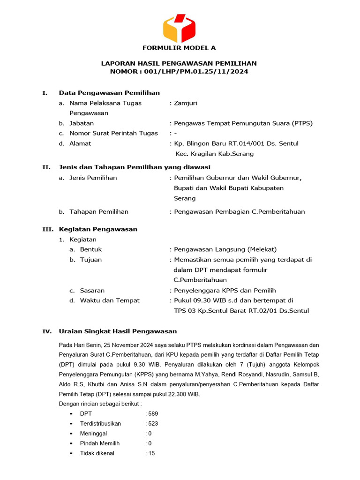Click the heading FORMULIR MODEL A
tap(180, 48)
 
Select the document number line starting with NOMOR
tap(179, 72)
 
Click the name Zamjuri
tap(186, 103)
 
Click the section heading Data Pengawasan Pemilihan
tap(109, 93)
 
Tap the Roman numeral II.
tap(46, 167)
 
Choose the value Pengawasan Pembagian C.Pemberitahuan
tap(239, 211)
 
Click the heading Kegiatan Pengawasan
tap(98, 229)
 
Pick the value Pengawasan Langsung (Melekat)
tap(225, 249)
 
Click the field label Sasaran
tap(92, 291)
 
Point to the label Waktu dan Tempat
tap(110, 300)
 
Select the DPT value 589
tap(153, 413)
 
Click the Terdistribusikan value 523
tap(153, 423)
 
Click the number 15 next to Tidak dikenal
tap(151, 453)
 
